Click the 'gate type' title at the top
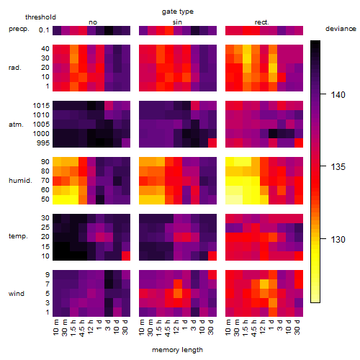pyautogui.click(x=178, y=12)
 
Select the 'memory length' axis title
pyautogui.click(x=177, y=350)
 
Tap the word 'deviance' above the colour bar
pyautogui.click(x=341, y=29)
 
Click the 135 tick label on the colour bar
pyautogui.click(x=338, y=167)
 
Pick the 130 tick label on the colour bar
pyautogui.click(x=338, y=239)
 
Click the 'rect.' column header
pyautogui.click(x=262, y=22)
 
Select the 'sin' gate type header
pyautogui.click(x=177, y=22)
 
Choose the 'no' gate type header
pyautogui.click(x=93, y=22)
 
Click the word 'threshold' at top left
pyautogui.click(x=40, y=17)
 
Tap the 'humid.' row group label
pyautogui.click(x=20, y=181)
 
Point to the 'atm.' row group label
pyautogui.click(x=16, y=125)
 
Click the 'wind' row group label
pyautogui.click(x=17, y=294)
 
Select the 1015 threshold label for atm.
pyautogui.click(x=41, y=106)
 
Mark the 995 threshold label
pyautogui.click(x=43, y=143)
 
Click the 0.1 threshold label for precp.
pyautogui.click(x=44, y=30)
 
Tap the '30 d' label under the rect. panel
pyautogui.click(x=297, y=327)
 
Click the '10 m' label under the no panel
pyautogui.click(x=55, y=327)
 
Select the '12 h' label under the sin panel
pyautogui.click(x=176, y=327)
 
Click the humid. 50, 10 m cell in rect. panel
pyautogui.click(x=230, y=199)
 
